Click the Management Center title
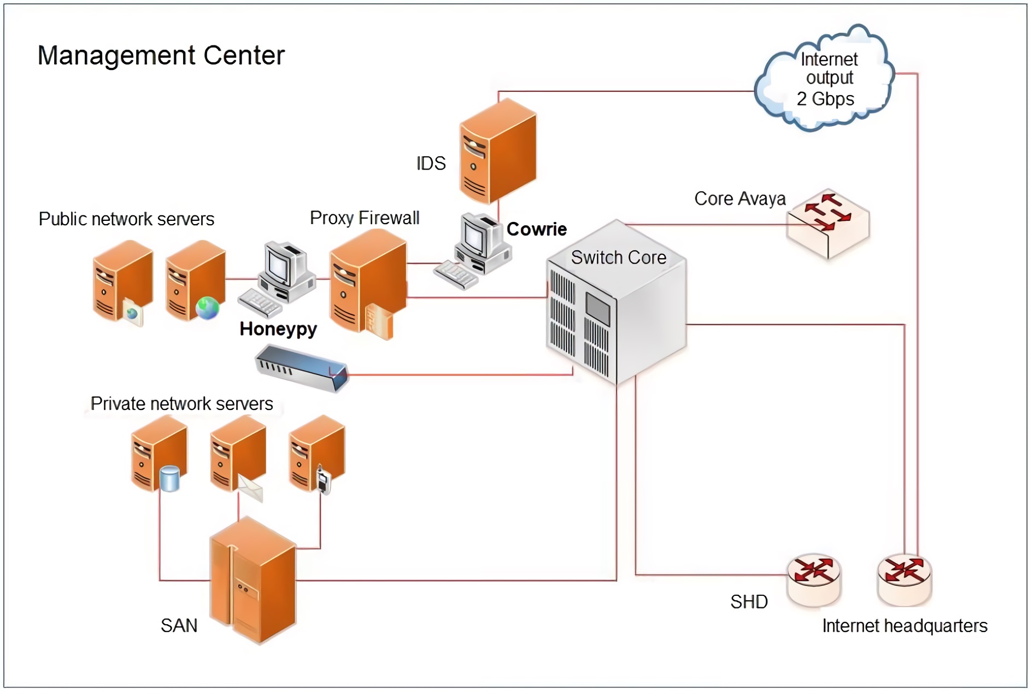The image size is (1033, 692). [161, 55]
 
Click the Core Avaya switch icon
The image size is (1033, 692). [827, 224]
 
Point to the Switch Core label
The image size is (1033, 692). [618, 257]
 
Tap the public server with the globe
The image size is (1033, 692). [196, 280]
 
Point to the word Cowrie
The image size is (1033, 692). [536, 229]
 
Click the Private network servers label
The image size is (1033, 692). [181, 403]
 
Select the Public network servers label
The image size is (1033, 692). [126, 219]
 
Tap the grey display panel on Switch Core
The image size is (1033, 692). [597, 308]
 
